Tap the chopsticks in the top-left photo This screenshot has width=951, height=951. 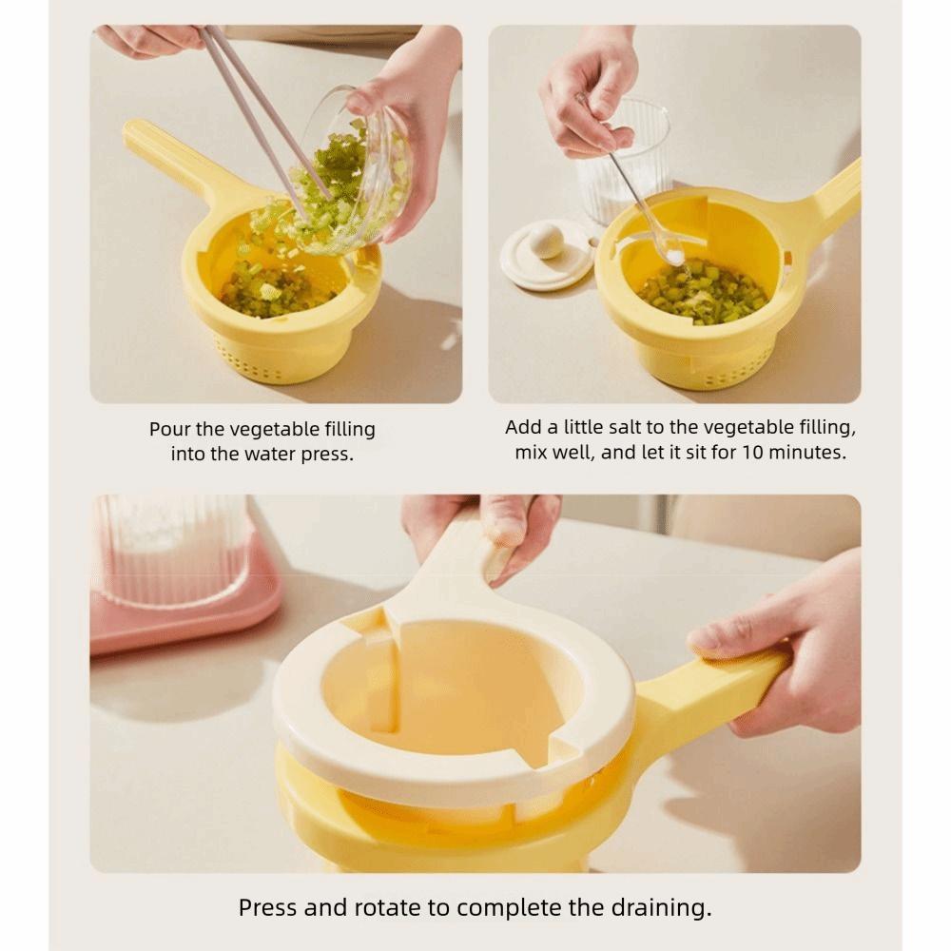(x=257, y=105)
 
